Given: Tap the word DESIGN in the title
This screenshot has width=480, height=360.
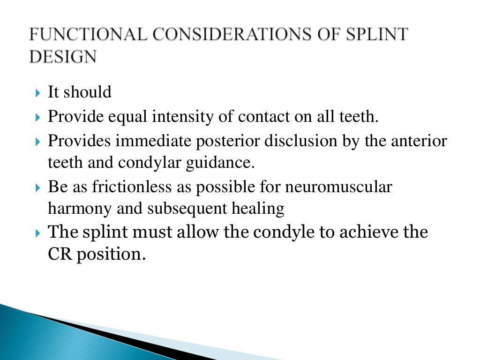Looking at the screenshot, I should [x=63, y=57].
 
